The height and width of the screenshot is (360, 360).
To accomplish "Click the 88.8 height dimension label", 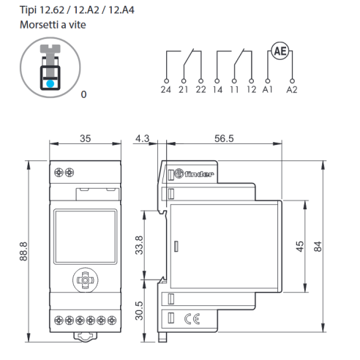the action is pyautogui.click(x=23, y=252).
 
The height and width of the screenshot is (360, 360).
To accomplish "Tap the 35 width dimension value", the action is pyautogui.click(x=86, y=138).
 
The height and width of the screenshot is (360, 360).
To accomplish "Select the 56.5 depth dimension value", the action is pyautogui.click(x=224, y=138).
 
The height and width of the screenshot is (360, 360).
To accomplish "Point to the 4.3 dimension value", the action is pyautogui.click(x=143, y=138).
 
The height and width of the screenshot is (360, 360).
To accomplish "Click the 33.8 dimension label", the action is pyautogui.click(x=139, y=245).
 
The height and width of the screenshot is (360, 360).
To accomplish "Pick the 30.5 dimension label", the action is pyautogui.click(x=139, y=311).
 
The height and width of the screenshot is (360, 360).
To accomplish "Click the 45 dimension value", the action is pyautogui.click(x=300, y=247).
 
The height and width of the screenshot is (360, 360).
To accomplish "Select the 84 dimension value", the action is pyautogui.click(x=318, y=247).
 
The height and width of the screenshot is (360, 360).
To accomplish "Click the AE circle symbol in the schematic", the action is pyautogui.click(x=280, y=51).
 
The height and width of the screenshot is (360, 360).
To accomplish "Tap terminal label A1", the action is pyautogui.click(x=267, y=90).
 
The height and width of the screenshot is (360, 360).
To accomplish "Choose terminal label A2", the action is pyautogui.click(x=292, y=90).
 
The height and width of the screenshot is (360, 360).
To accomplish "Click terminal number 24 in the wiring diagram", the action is pyautogui.click(x=166, y=90).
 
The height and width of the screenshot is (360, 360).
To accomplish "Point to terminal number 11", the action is pyautogui.click(x=234, y=90).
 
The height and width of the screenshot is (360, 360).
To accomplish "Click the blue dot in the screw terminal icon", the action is pyautogui.click(x=50, y=83).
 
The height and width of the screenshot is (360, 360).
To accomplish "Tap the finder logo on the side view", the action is pyautogui.click(x=194, y=173).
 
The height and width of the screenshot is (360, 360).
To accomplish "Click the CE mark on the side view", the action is pyautogui.click(x=192, y=319).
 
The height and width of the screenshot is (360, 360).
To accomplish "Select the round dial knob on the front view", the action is pyautogui.click(x=86, y=280).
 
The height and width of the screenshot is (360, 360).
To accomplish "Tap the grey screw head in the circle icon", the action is pyautogui.click(x=50, y=48).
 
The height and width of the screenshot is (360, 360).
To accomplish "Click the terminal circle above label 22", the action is pyautogui.click(x=201, y=81).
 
